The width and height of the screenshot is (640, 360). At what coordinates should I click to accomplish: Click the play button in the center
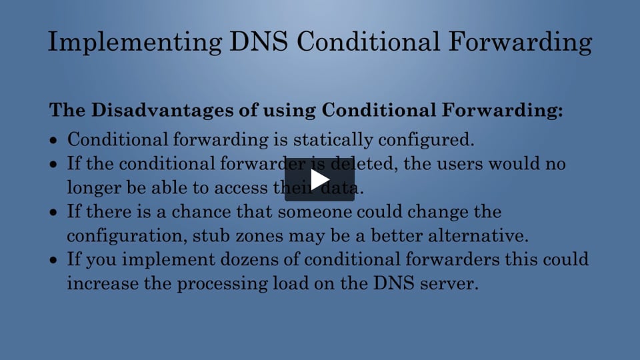(319, 180)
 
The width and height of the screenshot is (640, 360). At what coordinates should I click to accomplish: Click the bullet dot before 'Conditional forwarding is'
(55, 141)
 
